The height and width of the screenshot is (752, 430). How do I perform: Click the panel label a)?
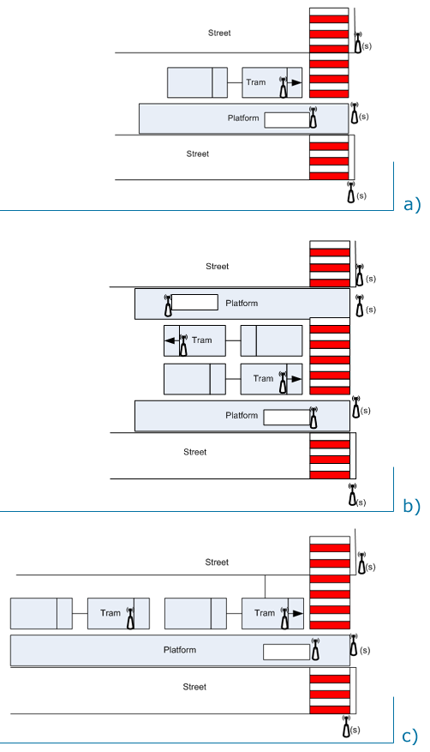coord(412,204)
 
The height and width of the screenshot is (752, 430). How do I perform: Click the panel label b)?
coord(412,506)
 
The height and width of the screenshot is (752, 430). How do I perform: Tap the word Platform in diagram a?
coord(243,117)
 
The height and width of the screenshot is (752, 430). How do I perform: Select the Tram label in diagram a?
coord(256,82)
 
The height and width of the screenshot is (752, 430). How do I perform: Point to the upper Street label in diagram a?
coord(219,33)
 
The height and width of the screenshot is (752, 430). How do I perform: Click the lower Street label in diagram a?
coord(198,154)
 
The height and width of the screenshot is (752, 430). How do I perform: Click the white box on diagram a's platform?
coord(286,120)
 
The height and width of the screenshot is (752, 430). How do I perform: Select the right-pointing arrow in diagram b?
coord(294,378)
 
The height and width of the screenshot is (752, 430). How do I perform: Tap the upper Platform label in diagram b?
coord(242,303)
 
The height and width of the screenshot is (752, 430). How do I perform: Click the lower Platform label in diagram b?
coord(242,415)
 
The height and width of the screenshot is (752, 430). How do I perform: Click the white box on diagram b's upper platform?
coord(194,302)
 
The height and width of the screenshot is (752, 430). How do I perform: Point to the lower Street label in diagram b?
coord(195,452)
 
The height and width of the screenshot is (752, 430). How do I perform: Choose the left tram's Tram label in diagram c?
coord(110,613)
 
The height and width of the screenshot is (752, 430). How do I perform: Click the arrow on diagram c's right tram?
coord(295,613)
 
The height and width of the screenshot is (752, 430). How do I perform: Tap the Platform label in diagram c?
coord(180,650)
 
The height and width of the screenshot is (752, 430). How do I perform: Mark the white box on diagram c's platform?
coord(285,652)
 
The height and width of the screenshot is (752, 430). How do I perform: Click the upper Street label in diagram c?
coord(217,562)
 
